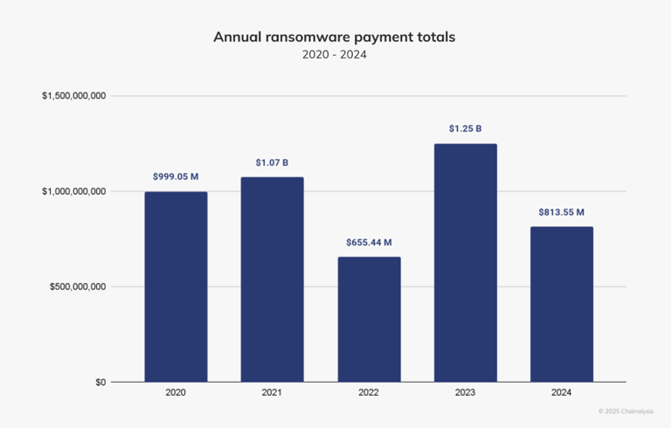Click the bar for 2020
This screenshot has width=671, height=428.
click(176, 286)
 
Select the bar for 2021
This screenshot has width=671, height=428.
click(272, 280)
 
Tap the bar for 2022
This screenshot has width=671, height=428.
click(369, 319)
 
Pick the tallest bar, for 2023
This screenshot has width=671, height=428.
click(465, 262)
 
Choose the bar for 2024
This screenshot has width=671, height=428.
click(561, 304)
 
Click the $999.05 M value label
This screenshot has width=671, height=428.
click(176, 176)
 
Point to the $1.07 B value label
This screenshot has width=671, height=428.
click(272, 162)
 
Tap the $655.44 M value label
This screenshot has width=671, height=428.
click(369, 242)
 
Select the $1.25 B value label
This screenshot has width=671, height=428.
click(465, 129)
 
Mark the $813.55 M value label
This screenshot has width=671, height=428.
click(561, 212)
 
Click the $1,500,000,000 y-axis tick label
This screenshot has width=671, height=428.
click(74, 96)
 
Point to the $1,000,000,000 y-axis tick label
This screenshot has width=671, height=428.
click(74, 191)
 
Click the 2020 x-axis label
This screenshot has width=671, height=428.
click(176, 394)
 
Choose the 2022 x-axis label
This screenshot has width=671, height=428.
click(369, 394)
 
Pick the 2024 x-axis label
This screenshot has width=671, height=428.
click(561, 394)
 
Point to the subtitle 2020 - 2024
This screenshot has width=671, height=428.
click(335, 55)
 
